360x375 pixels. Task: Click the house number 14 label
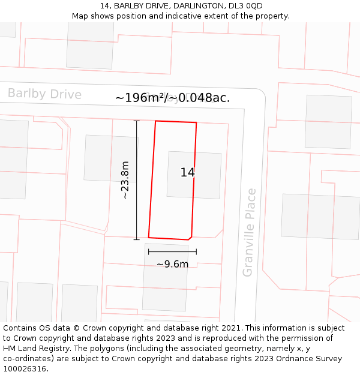click(187, 173)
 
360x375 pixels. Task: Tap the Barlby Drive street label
click(44, 94)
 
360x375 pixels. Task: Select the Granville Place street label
click(249, 232)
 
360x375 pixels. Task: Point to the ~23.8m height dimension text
click(125, 180)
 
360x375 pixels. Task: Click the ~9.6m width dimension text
click(172, 264)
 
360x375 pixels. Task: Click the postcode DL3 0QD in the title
click(246, 6)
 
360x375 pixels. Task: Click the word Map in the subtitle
click(80, 16)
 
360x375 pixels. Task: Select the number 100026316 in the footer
click(25, 369)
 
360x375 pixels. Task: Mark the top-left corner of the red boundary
click(156, 121)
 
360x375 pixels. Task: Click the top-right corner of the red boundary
click(196, 123)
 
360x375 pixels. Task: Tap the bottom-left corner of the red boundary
click(149, 238)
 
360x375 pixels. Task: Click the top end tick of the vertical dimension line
click(137, 121)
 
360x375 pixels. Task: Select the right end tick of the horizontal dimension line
click(196, 252)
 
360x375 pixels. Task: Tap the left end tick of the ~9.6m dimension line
click(149, 252)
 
